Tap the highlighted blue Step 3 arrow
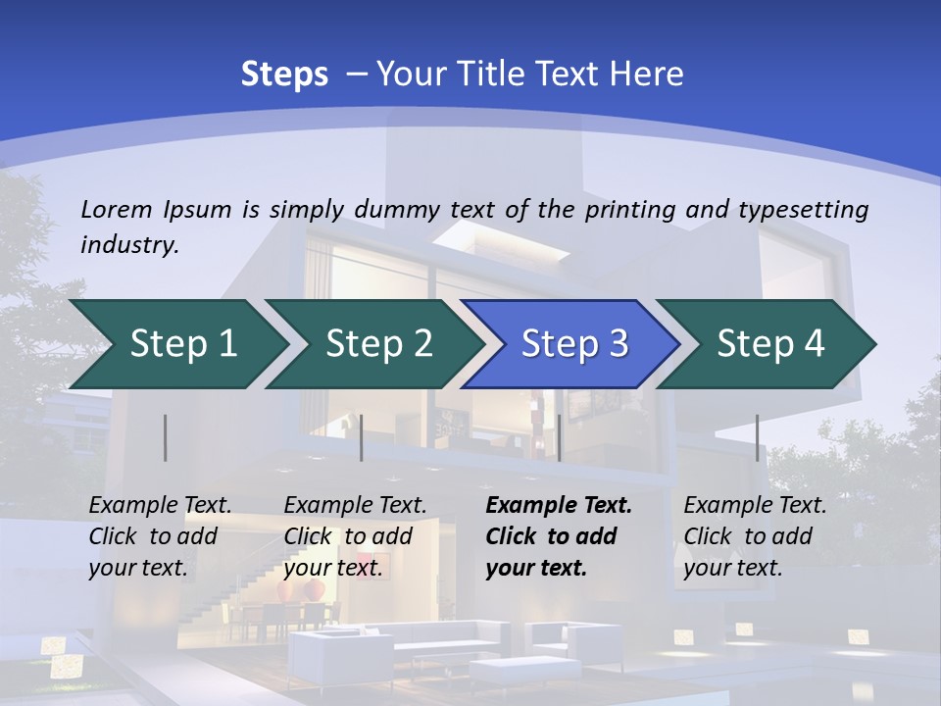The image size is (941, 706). click(x=574, y=343)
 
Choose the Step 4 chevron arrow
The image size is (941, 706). click(x=770, y=343)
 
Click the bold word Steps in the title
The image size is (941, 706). click(x=284, y=74)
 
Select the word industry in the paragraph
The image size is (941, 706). click(x=129, y=244)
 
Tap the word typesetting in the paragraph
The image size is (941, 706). click(x=803, y=209)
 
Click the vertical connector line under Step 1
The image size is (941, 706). click(x=166, y=437)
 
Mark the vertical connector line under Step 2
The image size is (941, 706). click(x=362, y=437)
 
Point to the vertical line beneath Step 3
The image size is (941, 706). click(x=559, y=437)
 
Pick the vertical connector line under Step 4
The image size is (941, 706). click(x=757, y=437)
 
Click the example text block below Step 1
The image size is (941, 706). click(x=160, y=536)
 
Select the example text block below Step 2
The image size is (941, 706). click(x=355, y=536)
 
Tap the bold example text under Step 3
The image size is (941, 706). click(x=559, y=536)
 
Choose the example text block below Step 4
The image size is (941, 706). click(x=755, y=536)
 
